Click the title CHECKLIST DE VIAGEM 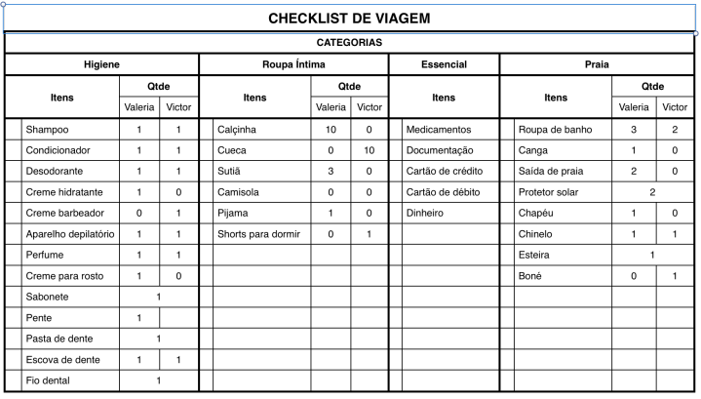click(349, 19)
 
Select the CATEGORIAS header click(349, 44)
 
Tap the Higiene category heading click(101, 65)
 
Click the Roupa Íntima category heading click(293, 65)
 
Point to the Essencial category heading click(444, 65)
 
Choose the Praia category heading click(597, 65)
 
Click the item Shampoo click(48, 130)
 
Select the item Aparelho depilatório click(70, 234)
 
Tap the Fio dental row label click(48, 380)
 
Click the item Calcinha click(238, 130)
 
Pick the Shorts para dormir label click(258, 234)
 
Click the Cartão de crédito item click(444, 172)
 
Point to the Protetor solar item click(548, 192)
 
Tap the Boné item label click(531, 276)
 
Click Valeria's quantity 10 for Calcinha click(331, 130)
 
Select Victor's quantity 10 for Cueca click(370, 151)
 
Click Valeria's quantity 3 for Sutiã click(331, 172)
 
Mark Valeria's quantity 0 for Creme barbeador click(139, 214)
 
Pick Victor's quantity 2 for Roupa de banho click(675, 130)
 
